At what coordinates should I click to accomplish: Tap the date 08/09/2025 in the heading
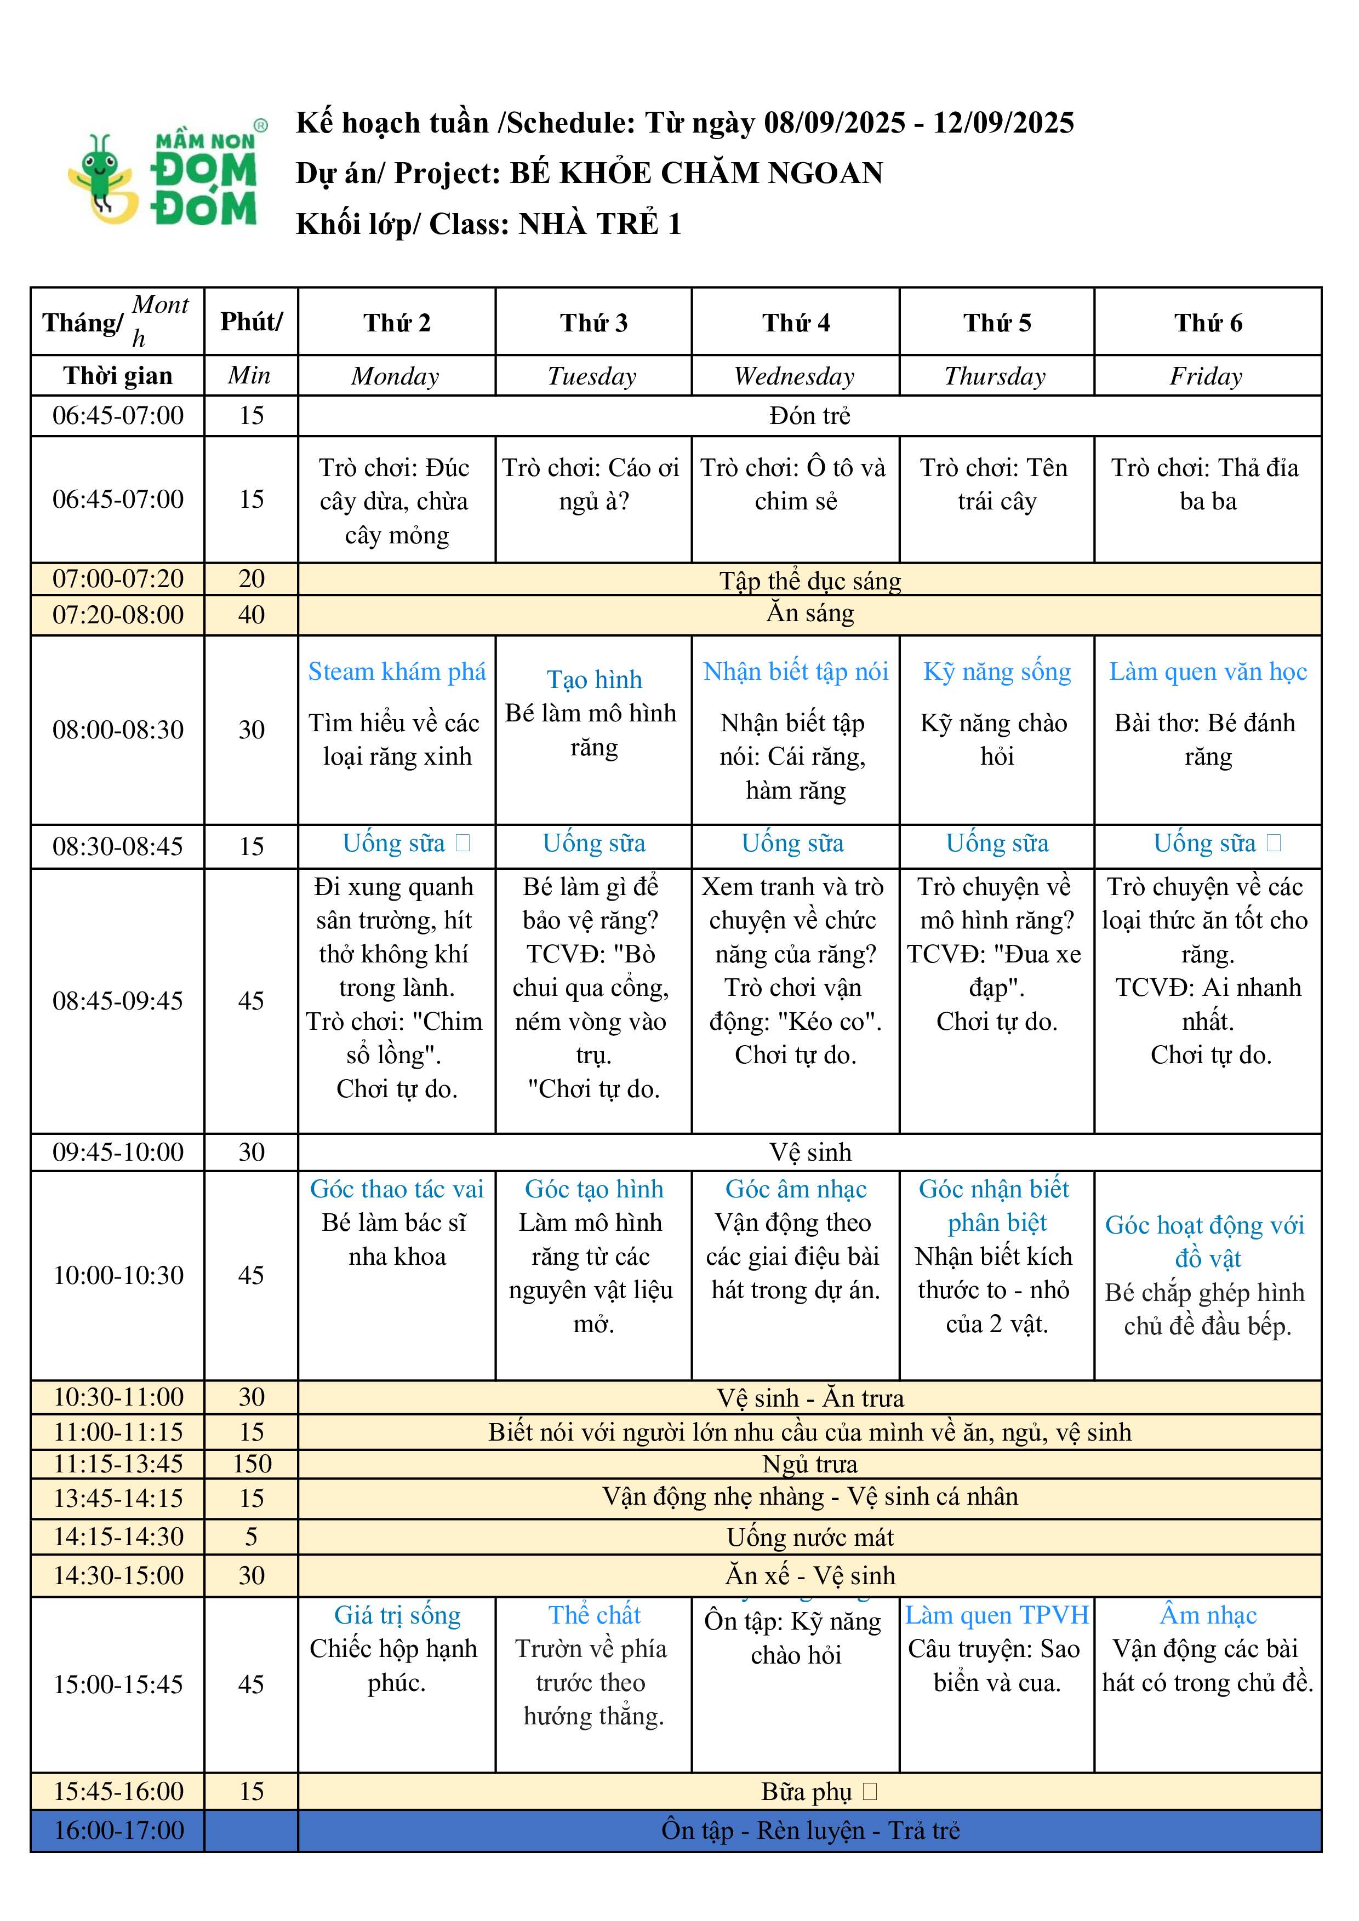835,123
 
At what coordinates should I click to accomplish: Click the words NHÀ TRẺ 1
600,224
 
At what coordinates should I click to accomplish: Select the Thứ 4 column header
795,323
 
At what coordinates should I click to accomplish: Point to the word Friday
1206,376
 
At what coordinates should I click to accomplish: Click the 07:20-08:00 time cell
118,615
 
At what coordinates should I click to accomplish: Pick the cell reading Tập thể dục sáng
809,580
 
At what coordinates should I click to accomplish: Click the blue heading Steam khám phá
397,671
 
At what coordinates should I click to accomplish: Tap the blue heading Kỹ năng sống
997,671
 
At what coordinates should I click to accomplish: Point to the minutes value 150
251,1463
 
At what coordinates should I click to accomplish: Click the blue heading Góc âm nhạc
795,1189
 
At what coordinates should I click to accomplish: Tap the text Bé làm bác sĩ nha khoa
397,1239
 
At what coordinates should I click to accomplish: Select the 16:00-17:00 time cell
118,1830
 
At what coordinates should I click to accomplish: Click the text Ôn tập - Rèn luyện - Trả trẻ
809,1830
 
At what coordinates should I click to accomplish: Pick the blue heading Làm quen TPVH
997,1615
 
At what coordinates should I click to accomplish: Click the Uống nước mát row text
809,1537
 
